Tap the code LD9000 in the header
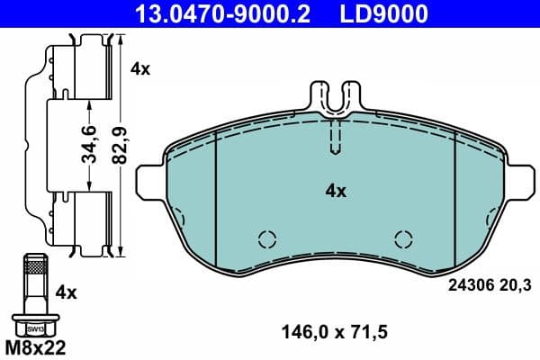(382, 13)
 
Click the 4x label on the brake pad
(335, 191)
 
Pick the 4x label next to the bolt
(67, 292)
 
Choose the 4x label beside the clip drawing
(140, 67)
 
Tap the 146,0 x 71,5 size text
(335, 332)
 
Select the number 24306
(468, 285)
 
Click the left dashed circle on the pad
(265, 238)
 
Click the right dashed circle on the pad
(405, 238)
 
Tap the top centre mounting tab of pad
(335, 97)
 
